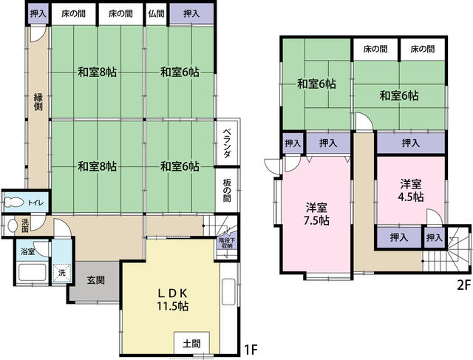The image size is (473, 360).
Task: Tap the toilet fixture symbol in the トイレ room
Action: click(13, 202)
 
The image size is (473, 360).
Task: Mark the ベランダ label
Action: click(228, 144)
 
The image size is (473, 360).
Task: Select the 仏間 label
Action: click(155, 13)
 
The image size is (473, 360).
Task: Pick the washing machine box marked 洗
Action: click(62, 273)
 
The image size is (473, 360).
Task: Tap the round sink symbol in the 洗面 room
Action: click(13, 226)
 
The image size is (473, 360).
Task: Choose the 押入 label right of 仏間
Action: click(191, 13)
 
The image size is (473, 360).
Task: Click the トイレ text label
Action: click(35, 202)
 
